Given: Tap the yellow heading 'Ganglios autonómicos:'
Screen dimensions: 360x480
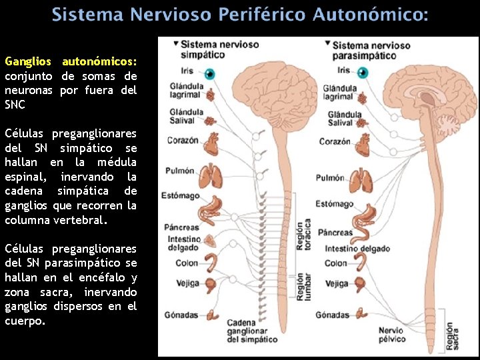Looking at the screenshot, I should pos(71,61).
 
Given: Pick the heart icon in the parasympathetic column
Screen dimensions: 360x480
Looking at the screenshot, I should pos(363,143).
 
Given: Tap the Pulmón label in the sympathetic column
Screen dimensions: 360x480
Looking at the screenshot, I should pos(180,171).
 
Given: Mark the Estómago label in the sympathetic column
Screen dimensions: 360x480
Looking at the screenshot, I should pos(180,196).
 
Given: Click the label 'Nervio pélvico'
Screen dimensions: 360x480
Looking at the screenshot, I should pos(391,335).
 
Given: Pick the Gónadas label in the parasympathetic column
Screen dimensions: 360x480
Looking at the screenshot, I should pos(333,315).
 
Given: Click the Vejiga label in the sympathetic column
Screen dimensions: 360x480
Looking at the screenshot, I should pos(187,283).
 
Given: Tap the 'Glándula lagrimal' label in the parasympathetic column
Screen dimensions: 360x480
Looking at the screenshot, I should pos(338,93).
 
